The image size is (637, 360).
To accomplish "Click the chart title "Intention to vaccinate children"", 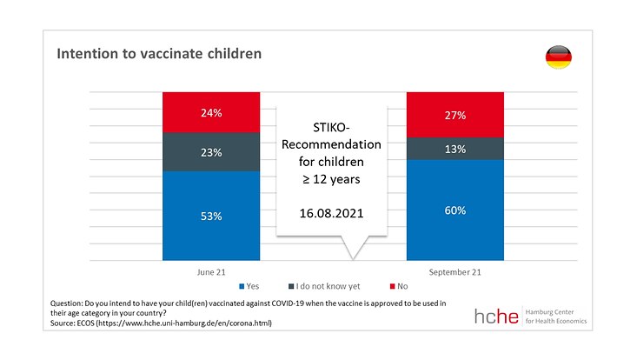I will pyautogui.click(x=159, y=54).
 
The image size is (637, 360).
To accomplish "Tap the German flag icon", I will pyautogui.click(x=557, y=58).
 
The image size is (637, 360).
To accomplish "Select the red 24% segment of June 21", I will pyautogui.click(x=211, y=112).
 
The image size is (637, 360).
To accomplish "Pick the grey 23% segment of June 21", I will pyautogui.click(x=211, y=152).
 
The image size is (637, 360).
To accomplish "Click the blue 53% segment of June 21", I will pyautogui.click(x=211, y=216).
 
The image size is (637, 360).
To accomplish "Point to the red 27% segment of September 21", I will pyautogui.click(x=455, y=115).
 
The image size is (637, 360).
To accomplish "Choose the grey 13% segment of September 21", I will pyautogui.click(x=455, y=149).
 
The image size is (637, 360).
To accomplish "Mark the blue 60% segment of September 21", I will pyautogui.click(x=455, y=210).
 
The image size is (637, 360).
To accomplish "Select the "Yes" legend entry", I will pyautogui.click(x=250, y=285).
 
